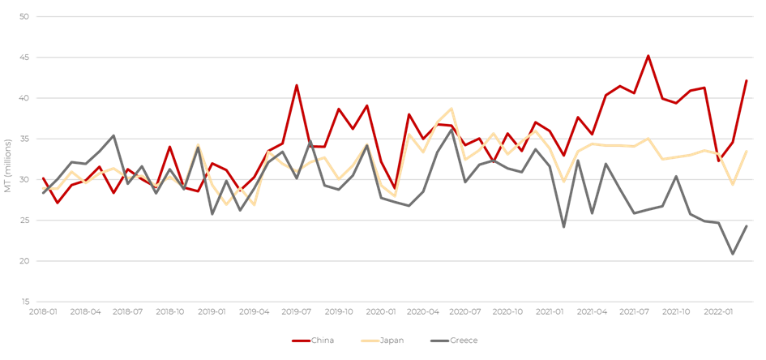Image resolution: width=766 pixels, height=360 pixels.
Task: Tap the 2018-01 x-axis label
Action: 44,311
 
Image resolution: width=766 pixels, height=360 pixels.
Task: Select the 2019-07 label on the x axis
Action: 297,311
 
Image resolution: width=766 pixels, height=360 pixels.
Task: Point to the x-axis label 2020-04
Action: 423,311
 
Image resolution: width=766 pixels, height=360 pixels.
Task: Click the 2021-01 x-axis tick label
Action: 550,311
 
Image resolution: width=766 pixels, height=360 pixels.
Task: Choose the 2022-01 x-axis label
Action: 718,311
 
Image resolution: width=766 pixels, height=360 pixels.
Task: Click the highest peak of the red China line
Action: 648,56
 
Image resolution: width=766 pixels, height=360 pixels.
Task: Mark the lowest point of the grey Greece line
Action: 732,255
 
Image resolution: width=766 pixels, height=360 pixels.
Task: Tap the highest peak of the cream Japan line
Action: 451,108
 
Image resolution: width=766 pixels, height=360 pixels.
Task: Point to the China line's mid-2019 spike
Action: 297,84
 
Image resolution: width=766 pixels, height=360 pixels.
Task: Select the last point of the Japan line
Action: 746,151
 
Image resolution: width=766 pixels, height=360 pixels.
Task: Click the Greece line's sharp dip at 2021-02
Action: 563,227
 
